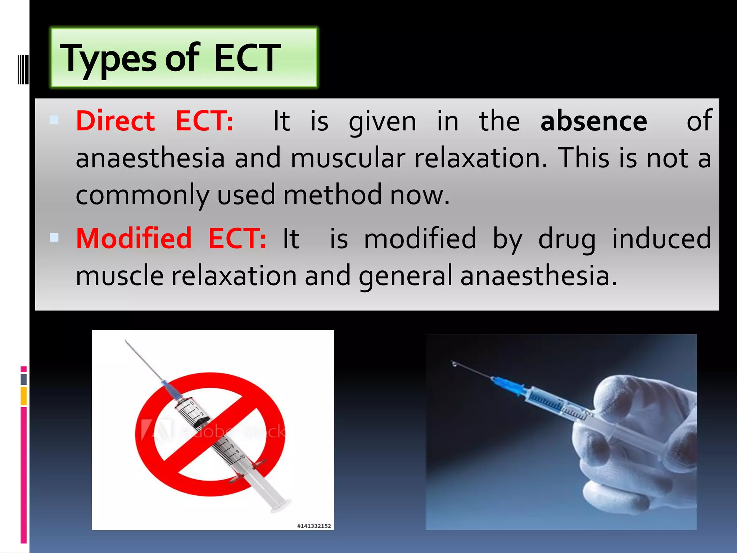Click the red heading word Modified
pos(134,238)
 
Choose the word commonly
pos(142,195)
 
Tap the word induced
pos(661,238)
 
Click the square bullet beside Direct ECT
pos(54,120)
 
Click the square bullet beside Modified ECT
pos(54,238)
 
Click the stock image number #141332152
pos(314,526)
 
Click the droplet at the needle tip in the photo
pos(455,365)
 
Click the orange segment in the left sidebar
pos(24,396)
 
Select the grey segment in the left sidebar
pos(24,379)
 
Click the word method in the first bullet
pos(333,195)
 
